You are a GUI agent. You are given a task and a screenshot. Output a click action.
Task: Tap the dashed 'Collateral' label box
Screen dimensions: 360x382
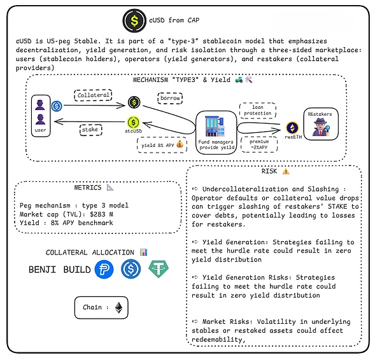[93, 95]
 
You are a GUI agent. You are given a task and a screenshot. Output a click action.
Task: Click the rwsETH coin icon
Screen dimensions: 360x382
[293, 128]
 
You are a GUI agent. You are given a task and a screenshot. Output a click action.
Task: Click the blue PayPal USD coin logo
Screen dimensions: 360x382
[104, 270]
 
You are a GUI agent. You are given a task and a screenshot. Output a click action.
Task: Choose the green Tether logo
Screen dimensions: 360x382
[159, 270]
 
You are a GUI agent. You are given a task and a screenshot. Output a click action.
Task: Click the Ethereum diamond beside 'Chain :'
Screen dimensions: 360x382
[119, 308]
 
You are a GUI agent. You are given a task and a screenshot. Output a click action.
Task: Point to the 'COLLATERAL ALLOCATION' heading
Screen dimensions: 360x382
[90, 253]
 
